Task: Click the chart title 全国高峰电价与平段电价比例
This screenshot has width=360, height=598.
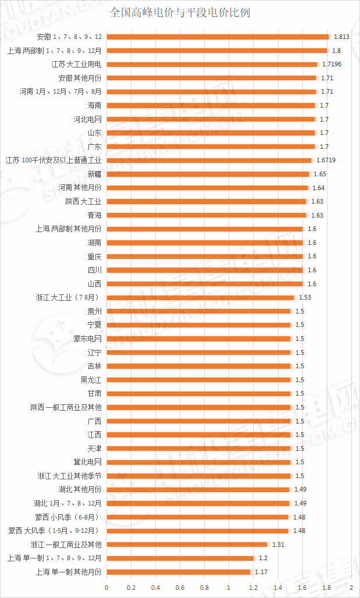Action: [x=180, y=12]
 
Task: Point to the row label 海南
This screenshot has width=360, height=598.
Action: [x=94, y=105]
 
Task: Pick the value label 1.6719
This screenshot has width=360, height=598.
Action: [x=325, y=160]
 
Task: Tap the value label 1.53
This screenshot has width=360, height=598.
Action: [x=304, y=297]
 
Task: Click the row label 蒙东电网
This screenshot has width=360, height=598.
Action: [x=87, y=339]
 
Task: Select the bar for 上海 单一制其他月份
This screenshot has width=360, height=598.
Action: [x=179, y=572]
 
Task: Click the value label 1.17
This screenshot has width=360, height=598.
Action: [x=261, y=572]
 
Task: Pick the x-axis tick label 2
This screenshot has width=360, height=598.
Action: [x=352, y=588]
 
